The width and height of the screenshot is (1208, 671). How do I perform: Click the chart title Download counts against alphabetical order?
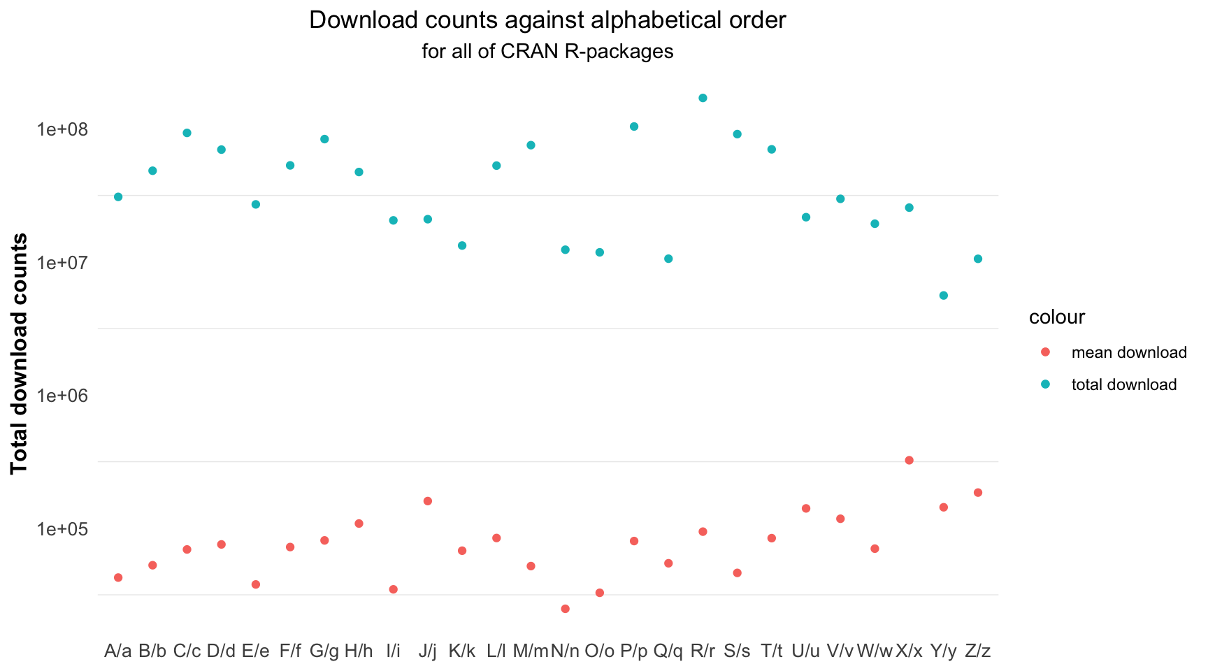point(547,20)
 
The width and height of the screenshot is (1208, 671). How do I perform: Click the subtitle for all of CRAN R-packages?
point(547,52)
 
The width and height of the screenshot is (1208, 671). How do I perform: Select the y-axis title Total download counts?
point(20,354)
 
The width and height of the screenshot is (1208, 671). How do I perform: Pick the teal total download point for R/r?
point(703,98)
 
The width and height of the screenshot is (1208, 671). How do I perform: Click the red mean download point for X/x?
point(909,460)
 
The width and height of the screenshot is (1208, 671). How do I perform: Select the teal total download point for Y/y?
point(943,296)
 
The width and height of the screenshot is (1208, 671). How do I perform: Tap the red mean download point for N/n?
point(565,609)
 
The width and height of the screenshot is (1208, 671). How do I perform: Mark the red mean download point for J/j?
point(428,501)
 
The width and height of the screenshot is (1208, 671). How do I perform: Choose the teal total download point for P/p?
point(634,127)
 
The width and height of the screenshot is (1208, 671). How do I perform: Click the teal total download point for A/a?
point(118,197)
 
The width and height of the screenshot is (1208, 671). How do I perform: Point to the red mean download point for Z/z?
point(977,493)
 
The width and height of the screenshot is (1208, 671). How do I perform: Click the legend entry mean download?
point(1128,352)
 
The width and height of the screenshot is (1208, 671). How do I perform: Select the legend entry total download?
point(1123,384)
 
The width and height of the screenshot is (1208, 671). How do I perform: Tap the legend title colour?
point(1056,317)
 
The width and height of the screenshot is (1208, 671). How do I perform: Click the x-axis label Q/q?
point(668,651)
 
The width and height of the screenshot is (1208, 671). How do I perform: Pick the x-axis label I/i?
point(393,651)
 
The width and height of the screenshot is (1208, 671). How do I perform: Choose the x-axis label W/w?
point(875,651)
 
